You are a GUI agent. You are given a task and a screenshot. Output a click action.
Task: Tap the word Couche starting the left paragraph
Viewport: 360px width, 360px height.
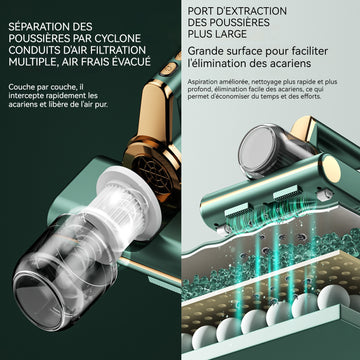20,87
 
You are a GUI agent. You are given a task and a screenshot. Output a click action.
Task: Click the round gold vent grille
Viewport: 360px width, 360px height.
154,171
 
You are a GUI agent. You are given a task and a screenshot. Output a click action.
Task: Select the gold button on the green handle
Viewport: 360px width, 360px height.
166,70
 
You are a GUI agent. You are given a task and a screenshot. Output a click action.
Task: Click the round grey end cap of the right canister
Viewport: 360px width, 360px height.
258,148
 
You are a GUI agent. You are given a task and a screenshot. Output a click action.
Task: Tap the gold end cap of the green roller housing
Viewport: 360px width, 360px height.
331,169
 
